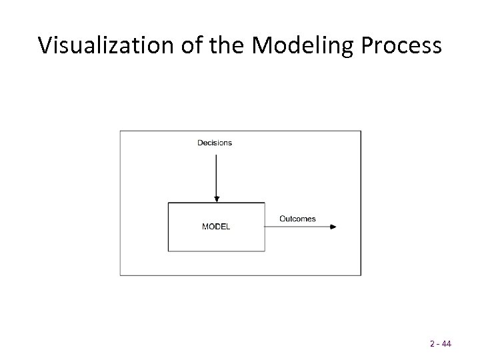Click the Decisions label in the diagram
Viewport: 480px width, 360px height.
click(x=215, y=143)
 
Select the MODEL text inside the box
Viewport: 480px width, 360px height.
click(x=216, y=227)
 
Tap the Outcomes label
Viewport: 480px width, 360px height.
click(x=297, y=219)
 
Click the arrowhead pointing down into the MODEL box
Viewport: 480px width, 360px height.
click(x=215, y=199)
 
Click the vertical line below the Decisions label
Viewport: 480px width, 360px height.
click(x=215, y=173)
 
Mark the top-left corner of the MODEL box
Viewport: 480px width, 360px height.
click(x=168, y=203)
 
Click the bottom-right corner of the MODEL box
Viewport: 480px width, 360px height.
click(x=265, y=251)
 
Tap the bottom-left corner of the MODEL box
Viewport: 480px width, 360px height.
click(x=168, y=251)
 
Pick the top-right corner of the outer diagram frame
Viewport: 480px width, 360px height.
click(x=361, y=131)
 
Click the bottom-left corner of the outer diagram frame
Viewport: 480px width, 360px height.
click(x=120, y=275)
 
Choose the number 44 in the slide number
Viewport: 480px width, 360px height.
click(x=446, y=345)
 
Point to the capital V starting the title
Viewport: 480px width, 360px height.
click(x=45, y=45)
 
